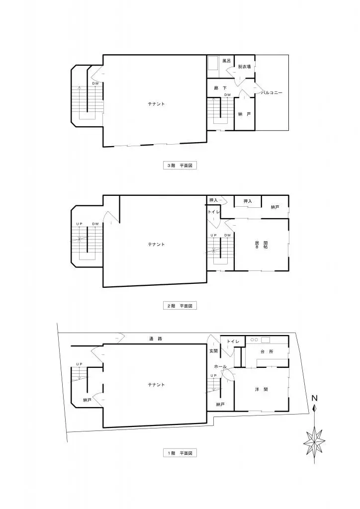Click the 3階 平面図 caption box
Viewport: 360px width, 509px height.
(180, 166)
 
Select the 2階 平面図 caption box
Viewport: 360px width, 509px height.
(180, 306)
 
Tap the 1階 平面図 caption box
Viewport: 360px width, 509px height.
(180, 453)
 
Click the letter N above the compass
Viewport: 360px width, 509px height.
(314, 398)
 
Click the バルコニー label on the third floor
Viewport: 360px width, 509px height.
(272, 92)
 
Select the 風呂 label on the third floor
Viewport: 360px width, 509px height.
(226, 61)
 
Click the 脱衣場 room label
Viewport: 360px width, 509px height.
(244, 67)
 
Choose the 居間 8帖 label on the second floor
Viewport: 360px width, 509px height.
(258, 245)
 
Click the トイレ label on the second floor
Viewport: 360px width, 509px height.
(213, 212)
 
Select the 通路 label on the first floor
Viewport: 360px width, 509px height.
(156, 339)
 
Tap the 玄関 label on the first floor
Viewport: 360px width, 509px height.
(213, 351)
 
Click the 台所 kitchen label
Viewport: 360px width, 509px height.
(267, 351)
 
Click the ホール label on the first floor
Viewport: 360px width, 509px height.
(221, 367)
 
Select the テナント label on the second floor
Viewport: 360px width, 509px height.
(156, 244)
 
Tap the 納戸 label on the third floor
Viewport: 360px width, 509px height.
(244, 114)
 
